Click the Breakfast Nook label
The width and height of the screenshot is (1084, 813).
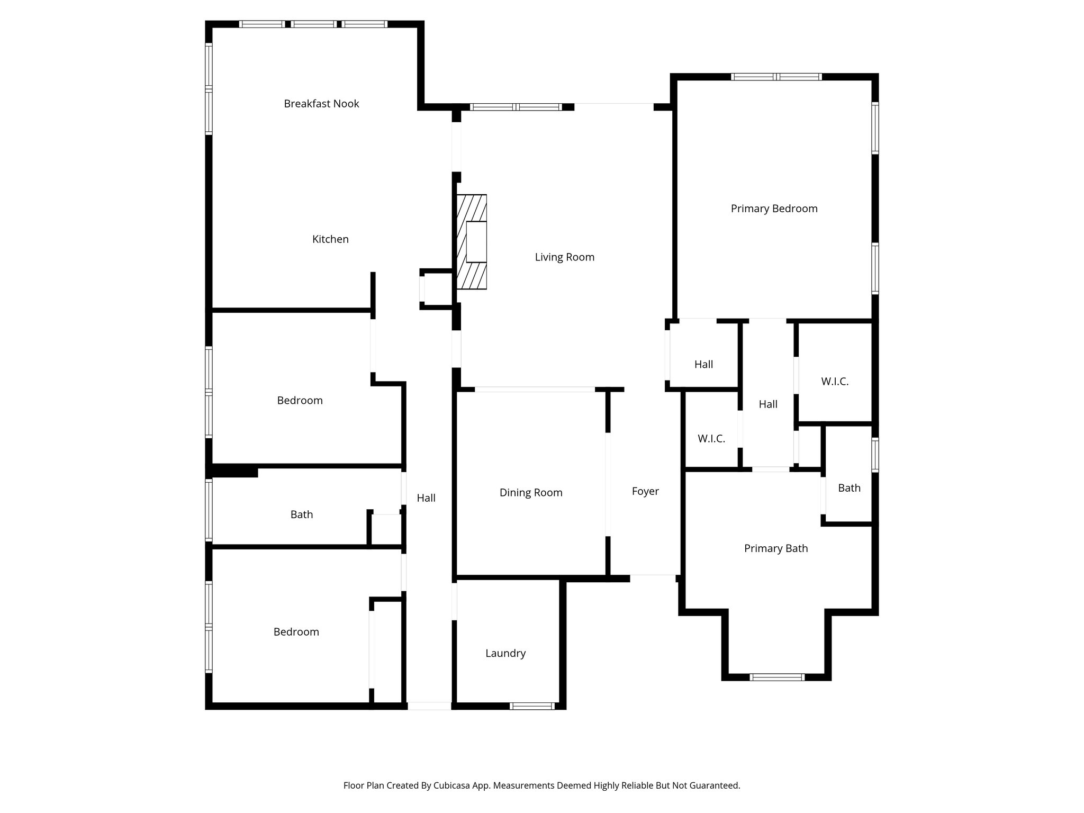coord(321,104)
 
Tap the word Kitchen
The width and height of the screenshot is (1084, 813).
coord(330,239)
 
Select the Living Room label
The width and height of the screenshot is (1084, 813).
coord(564,257)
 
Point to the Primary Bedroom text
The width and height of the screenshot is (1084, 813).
coord(774,209)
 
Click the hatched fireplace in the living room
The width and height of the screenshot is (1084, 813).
coord(472,242)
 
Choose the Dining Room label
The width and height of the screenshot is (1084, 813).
coord(531,493)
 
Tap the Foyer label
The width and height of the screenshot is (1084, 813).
coord(645,491)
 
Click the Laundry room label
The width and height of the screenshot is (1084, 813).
coord(505,653)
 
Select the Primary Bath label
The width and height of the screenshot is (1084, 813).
coord(776,548)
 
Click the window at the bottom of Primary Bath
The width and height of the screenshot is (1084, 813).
coord(777,677)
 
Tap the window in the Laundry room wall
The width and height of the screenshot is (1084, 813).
coord(532,706)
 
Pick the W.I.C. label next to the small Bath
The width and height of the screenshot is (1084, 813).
coord(835,381)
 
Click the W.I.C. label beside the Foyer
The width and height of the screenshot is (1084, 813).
coord(711,439)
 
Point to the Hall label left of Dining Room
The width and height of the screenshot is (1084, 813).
coord(426,498)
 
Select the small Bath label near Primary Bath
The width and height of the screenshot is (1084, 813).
coord(849,488)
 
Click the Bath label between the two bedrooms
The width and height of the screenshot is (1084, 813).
coord(302,514)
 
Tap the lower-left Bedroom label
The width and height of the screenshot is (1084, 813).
coord(296,632)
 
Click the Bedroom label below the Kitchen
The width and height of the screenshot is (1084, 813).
coord(300,400)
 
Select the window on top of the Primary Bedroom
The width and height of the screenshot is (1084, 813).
coord(776,77)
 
